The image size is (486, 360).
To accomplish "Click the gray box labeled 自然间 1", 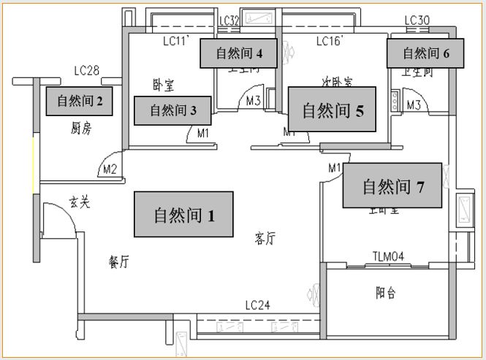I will click(183, 214).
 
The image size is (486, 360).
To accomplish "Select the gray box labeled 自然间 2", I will click(80, 101).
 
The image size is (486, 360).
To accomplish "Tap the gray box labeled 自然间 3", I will click(173, 110).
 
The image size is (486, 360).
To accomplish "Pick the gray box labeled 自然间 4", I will click(239, 53).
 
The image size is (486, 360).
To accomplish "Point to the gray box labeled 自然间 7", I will click(393, 186).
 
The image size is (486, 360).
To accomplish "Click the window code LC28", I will click(87, 71).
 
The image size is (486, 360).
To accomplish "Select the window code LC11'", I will click(177, 42).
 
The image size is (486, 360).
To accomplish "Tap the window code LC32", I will click(229, 20).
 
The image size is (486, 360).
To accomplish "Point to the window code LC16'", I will click(330, 42).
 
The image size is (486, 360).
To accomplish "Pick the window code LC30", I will click(417, 20).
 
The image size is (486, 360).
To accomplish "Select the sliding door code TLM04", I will click(388, 256).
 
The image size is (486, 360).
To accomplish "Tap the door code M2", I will click(110, 169).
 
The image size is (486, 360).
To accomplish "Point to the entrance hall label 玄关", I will click(80, 202).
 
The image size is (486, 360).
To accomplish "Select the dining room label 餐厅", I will click(118, 262).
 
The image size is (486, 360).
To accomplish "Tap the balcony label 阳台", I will click(386, 293).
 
